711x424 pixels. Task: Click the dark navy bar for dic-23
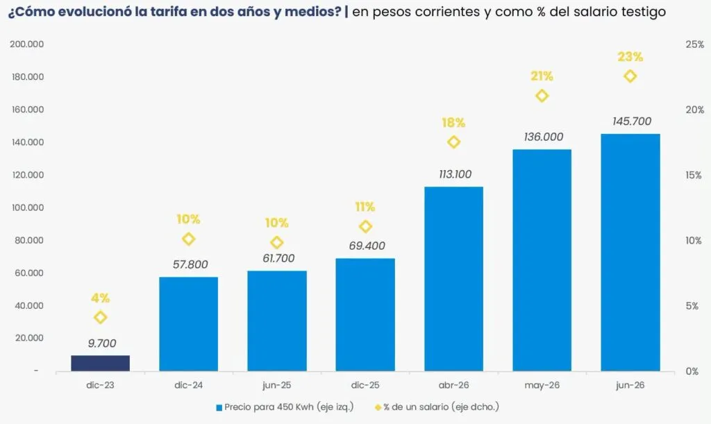(x=100, y=364)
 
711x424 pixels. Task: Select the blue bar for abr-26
(x=453, y=279)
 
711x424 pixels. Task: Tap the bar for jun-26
(x=630, y=253)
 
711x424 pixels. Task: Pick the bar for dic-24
(x=189, y=324)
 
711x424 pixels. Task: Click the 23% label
(x=630, y=57)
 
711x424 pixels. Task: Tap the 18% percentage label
(x=453, y=122)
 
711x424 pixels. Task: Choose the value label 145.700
(x=632, y=121)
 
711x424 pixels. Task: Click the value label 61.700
(x=278, y=258)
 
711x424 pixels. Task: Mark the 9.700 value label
(x=102, y=344)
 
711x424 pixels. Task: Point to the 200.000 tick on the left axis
(x=28, y=44)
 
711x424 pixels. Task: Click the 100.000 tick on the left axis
(x=28, y=207)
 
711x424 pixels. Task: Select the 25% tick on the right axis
(x=694, y=44)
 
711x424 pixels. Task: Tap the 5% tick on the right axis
(x=692, y=306)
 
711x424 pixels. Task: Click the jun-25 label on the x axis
(x=276, y=386)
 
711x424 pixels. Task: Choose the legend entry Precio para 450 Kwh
(x=285, y=407)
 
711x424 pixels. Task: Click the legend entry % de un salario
(x=437, y=407)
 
